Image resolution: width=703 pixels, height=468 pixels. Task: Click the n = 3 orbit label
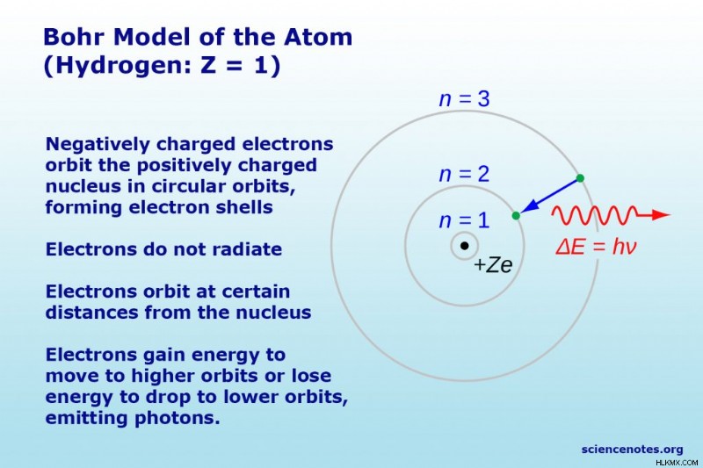point(465,99)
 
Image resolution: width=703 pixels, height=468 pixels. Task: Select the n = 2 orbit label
point(465,174)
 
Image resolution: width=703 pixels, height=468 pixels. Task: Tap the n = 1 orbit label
point(465,220)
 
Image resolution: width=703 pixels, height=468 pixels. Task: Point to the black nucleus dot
point(465,246)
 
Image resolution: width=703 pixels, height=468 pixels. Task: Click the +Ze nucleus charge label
point(493,264)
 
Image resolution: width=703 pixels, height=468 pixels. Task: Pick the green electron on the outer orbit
point(580,178)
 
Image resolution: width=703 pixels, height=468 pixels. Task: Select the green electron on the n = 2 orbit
point(516,215)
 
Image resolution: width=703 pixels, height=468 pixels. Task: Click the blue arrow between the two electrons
point(549,196)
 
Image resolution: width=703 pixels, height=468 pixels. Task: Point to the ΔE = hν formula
point(596,247)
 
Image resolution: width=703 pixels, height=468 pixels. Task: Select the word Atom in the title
point(318,37)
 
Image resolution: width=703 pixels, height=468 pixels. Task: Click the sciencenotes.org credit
point(632,450)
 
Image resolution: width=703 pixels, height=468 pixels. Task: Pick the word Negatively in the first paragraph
point(98,145)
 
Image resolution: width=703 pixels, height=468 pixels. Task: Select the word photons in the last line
point(178,418)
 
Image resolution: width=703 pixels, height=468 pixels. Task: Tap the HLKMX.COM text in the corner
point(677,462)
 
